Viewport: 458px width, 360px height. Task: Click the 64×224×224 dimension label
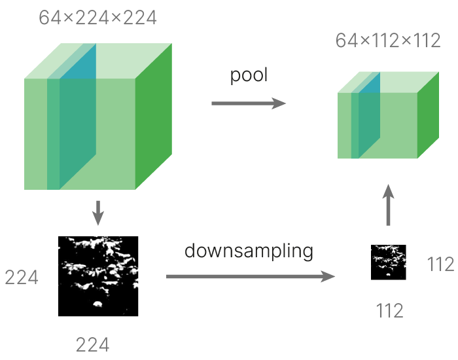(97, 18)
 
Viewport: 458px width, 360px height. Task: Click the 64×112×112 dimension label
(387, 41)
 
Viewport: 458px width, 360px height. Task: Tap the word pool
(249, 75)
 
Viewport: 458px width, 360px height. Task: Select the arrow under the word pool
(249, 103)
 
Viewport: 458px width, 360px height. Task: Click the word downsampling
(249, 251)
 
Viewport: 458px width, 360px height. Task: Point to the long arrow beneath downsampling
(251, 277)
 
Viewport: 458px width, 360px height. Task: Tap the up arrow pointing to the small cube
(388, 204)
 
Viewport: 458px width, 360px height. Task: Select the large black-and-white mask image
(98, 276)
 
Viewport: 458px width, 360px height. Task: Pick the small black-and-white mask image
(389, 262)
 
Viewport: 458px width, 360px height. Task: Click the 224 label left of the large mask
(22, 278)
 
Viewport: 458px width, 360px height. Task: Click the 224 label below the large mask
(92, 344)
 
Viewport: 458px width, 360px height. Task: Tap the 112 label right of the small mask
(440, 264)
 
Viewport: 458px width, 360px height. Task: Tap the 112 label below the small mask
(389, 311)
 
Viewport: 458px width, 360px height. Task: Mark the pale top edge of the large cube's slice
(72, 61)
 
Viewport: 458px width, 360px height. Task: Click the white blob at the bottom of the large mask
(97, 303)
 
